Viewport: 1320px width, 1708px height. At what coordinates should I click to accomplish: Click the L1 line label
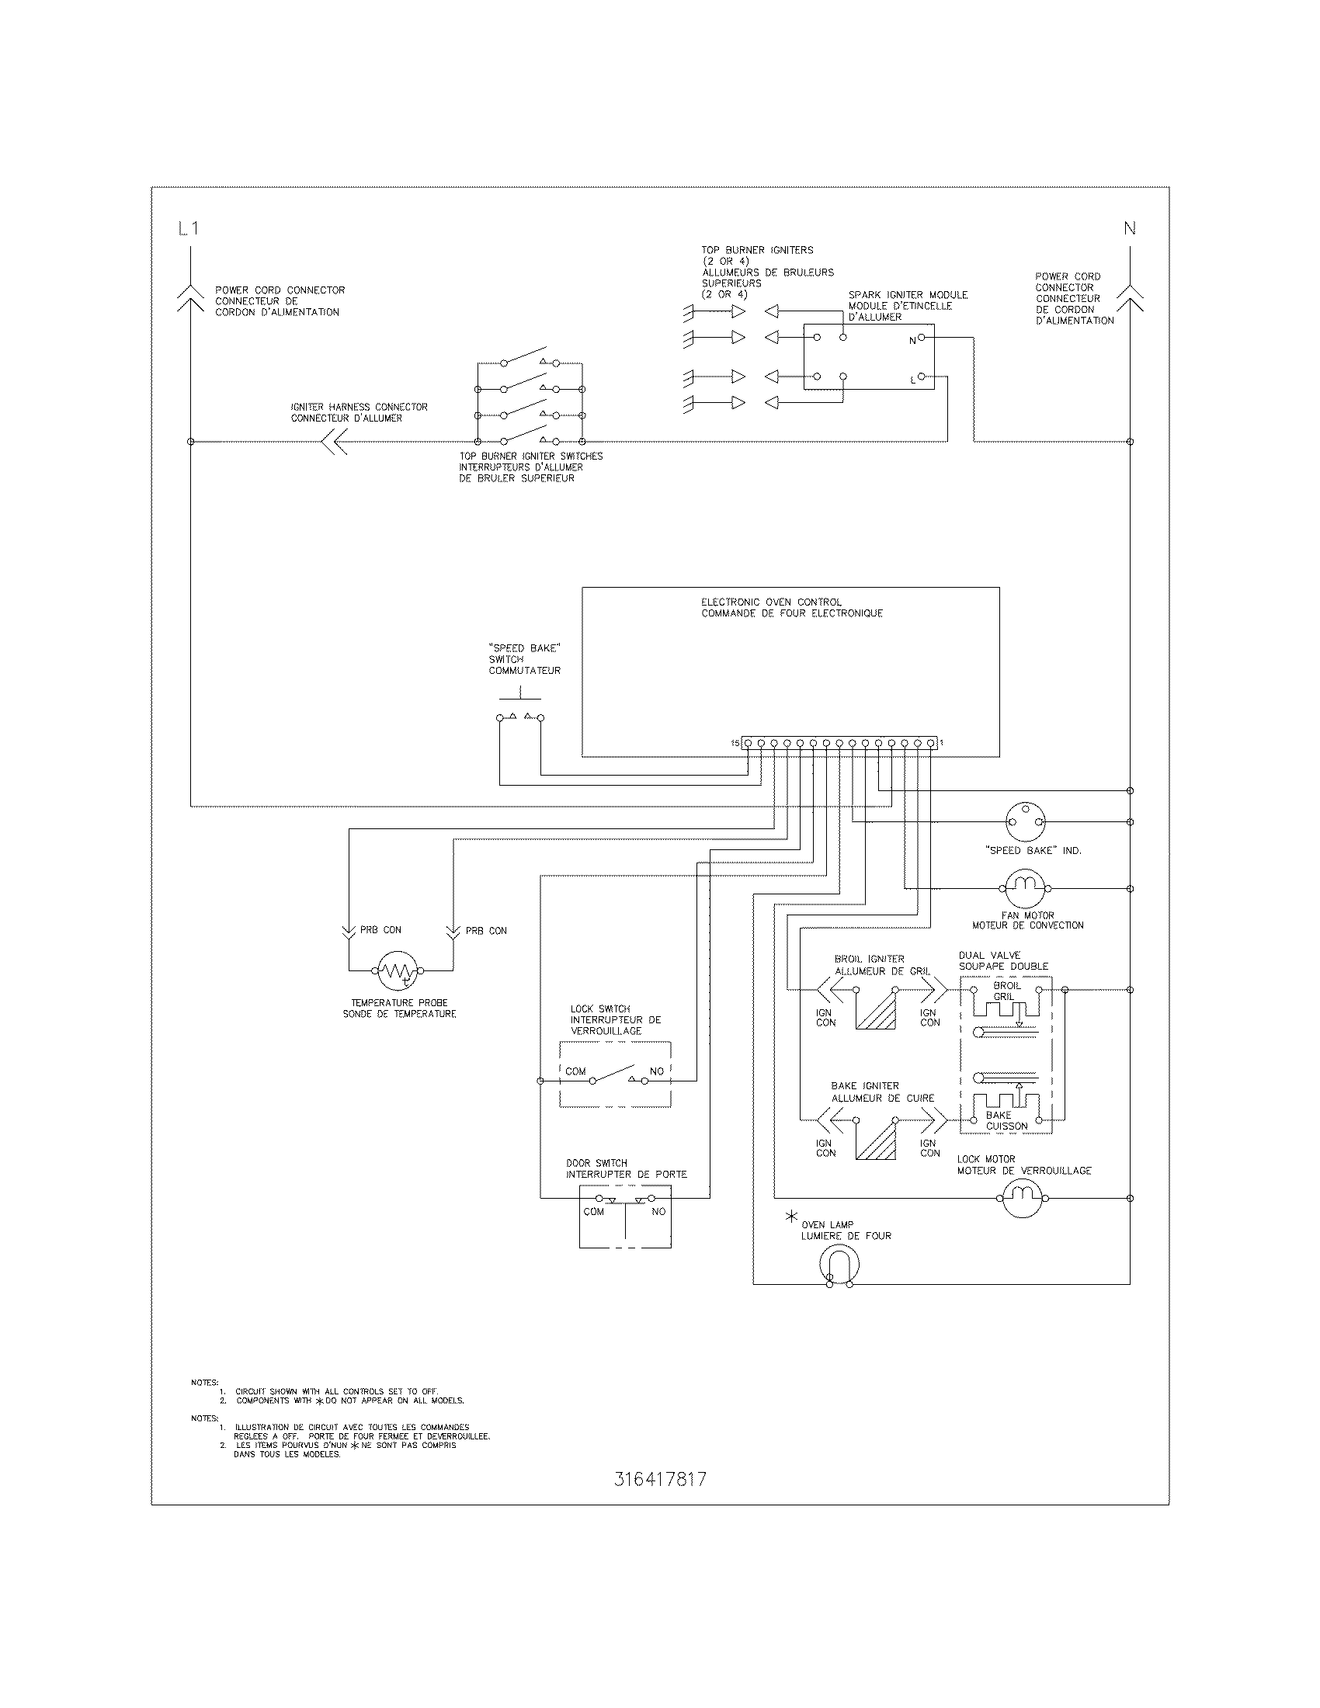pyautogui.click(x=189, y=229)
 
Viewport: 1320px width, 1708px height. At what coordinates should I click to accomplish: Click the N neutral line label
pyautogui.click(x=1129, y=229)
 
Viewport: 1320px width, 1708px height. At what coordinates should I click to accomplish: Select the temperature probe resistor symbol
pyautogui.click(x=398, y=970)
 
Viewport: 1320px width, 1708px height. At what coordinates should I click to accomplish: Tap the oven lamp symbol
pyautogui.click(x=840, y=1265)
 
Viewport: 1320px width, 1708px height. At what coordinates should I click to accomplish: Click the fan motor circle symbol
pyautogui.click(x=1024, y=888)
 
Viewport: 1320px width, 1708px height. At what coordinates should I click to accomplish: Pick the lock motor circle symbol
pyautogui.click(x=1023, y=1197)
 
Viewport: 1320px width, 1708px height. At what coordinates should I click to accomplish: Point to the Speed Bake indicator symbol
pyautogui.click(x=1024, y=822)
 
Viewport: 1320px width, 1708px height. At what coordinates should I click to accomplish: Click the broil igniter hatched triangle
pyautogui.click(x=877, y=1008)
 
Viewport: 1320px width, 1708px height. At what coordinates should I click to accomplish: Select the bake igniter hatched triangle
pyautogui.click(x=877, y=1140)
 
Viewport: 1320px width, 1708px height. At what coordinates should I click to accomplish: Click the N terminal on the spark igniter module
pyautogui.click(x=921, y=338)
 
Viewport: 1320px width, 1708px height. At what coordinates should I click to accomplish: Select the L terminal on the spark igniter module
pyautogui.click(x=921, y=377)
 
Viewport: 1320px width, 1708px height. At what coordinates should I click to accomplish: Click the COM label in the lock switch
pyautogui.click(x=575, y=1071)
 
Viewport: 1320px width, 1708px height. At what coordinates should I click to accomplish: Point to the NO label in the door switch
pyautogui.click(x=658, y=1211)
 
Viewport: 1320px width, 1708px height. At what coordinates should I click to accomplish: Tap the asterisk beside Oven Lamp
pyautogui.click(x=791, y=1217)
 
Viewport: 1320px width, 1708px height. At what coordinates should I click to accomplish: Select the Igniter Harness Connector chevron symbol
pyautogui.click(x=335, y=442)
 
